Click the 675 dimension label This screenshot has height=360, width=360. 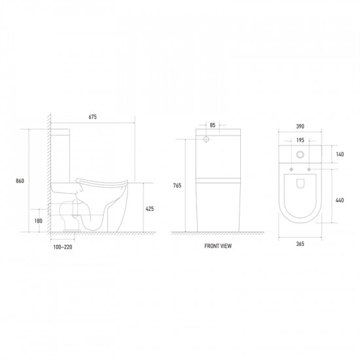(92, 117)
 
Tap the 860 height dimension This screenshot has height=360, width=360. (20, 181)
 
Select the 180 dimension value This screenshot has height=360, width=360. (39, 221)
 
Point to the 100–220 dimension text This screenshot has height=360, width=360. (63, 247)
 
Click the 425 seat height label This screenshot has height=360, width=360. (150, 209)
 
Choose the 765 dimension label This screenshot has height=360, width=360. (177, 185)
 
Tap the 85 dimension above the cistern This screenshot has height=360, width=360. (213, 125)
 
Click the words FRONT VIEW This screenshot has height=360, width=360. (218, 246)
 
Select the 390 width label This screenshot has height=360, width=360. (300, 126)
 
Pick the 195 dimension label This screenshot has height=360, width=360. (300, 140)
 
